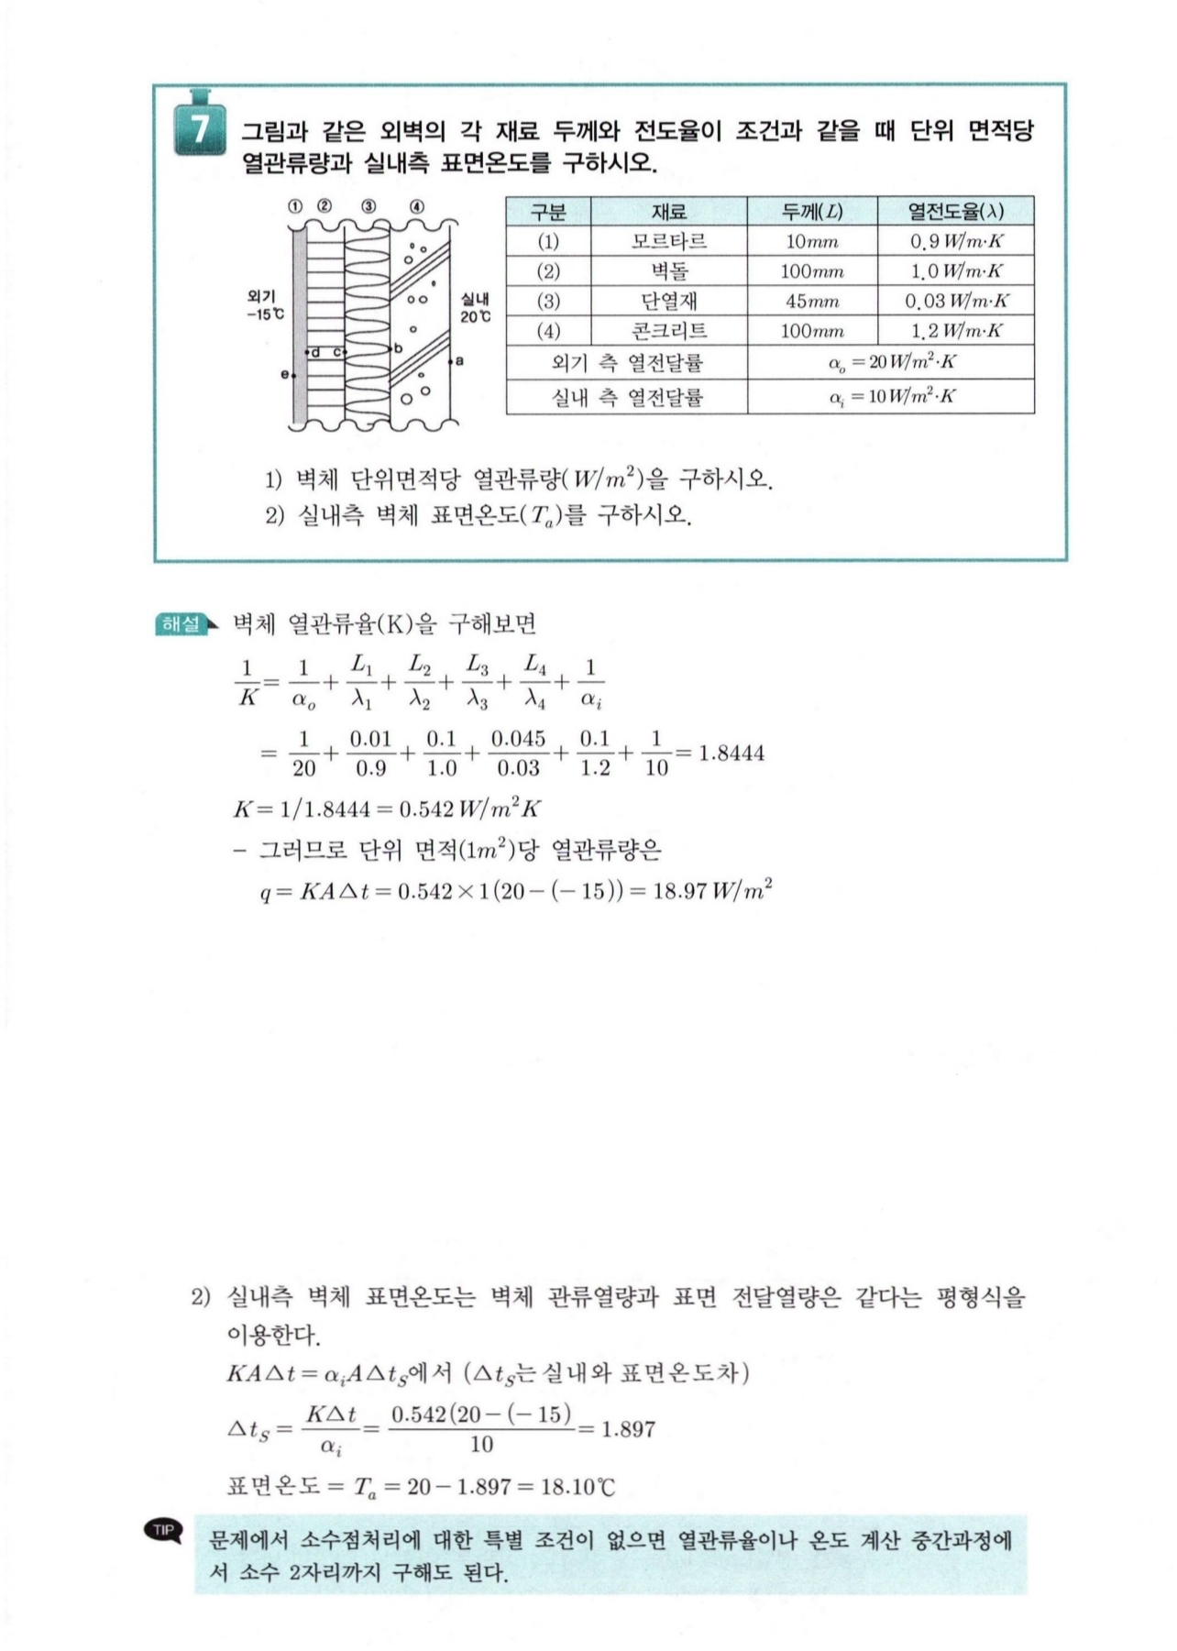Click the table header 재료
point(668,212)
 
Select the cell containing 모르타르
point(668,242)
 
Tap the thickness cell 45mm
point(811,302)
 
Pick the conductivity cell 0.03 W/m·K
point(956,302)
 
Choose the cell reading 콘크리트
point(668,331)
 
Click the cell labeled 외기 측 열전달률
point(627,363)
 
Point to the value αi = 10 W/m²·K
point(891,397)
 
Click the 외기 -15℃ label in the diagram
point(264,305)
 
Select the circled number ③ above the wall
point(368,206)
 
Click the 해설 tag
point(181,624)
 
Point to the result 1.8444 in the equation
point(731,754)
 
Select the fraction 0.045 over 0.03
point(518,754)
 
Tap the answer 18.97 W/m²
point(712,891)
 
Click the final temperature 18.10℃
point(577,1486)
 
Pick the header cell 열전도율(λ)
point(955,212)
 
